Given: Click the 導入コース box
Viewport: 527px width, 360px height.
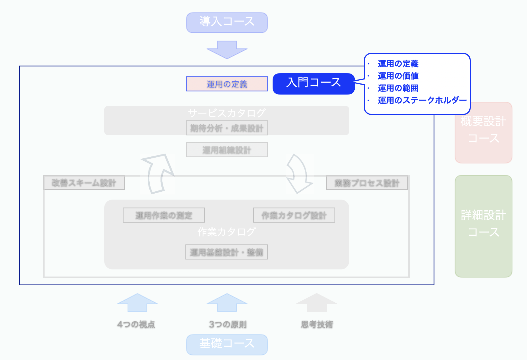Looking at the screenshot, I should tap(227, 22).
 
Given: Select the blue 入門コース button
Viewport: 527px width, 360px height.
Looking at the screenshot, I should tap(313, 83).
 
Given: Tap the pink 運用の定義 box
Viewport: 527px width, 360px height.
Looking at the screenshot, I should tap(227, 84).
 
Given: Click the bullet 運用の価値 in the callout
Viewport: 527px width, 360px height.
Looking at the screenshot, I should tap(398, 76).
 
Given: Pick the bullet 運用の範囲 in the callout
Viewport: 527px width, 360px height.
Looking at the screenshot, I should tap(398, 88).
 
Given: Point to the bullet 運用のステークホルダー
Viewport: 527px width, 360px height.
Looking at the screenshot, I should tap(422, 100).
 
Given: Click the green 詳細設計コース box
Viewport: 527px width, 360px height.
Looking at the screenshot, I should tap(483, 226).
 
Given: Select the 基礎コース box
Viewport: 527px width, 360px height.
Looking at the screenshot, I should tap(227, 344).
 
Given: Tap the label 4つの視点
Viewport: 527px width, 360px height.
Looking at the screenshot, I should tap(136, 324).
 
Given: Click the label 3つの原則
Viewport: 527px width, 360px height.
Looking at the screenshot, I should tap(228, 324).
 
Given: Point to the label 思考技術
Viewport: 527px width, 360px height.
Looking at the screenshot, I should tap(317, 324).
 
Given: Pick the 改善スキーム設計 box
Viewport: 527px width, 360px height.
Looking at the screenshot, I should tap(84, 183).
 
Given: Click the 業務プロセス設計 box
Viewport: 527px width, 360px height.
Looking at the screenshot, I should tap(367, 183).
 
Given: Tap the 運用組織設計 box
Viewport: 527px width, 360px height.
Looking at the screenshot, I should tap(227, 150).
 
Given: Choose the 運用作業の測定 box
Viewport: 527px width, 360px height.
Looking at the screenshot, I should tap(164, 215).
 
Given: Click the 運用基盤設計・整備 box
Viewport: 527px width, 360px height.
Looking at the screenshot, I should tap(227, 252).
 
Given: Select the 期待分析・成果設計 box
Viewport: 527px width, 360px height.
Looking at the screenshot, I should tap(227, 128).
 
